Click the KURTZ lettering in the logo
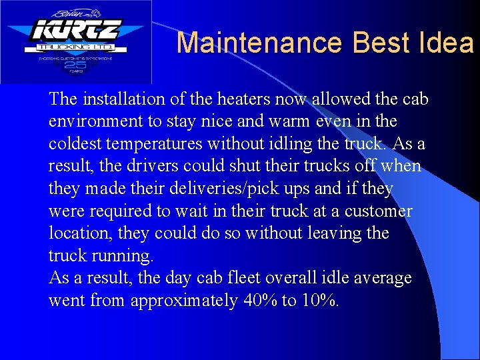pyautogui.click(x=75, y=31)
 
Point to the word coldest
pyautogui.click(x=73, y=144)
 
